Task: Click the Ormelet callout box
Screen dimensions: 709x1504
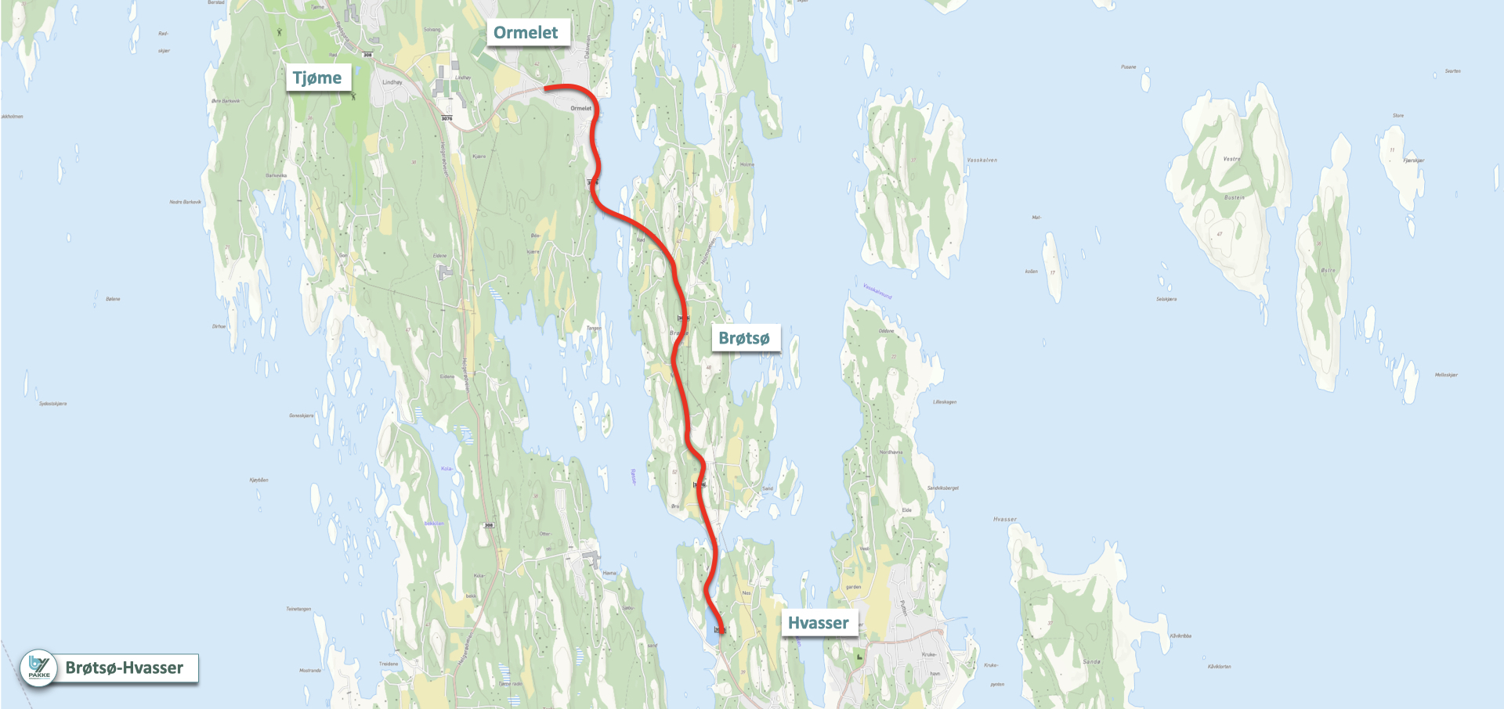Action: click(x=526, y=33)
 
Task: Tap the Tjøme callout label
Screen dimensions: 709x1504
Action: click(x=317, y=78)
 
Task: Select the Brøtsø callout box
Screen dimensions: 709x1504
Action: click(x=744, y=338)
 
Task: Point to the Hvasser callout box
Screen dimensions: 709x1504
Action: click(x=818, y=623)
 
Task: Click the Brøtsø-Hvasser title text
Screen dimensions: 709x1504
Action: click(x=125, y=668)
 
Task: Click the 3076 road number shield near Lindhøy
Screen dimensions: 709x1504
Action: click(x=446, y=118)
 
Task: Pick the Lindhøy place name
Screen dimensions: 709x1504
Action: click(x=392, y=82)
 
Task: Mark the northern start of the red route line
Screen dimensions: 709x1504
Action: click(x=545, y=88)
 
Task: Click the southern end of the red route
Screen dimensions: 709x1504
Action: click(x=721, y=630)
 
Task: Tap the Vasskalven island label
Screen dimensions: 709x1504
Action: click(x=982, y=160)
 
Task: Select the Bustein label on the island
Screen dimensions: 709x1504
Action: click(x=1234, y=197)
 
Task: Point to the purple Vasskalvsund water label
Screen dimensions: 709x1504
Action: click(x=877, y=291)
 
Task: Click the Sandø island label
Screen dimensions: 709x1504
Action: click(x=1091, y=661)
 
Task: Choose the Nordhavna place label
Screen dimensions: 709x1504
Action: click(x=891, y=452)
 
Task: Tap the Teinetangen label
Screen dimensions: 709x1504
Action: click(x=298, y=608)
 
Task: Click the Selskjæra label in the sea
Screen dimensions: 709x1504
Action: click(x=1166, y=299)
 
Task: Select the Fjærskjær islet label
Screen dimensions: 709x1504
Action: click(x=1414, y=160)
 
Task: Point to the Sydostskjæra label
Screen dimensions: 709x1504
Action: click(x=52, y=404)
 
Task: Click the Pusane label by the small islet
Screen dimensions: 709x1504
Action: click(x=1128, y=67)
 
